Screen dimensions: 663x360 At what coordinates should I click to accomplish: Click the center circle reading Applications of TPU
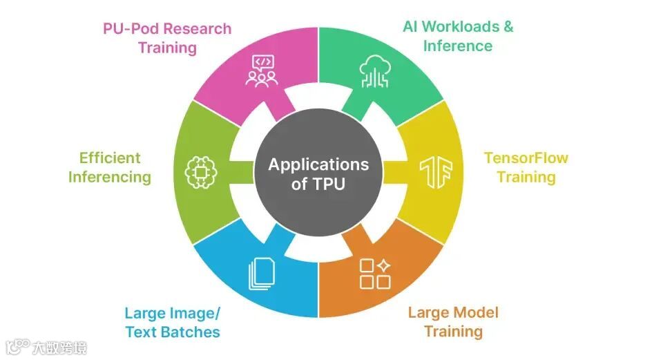point(318,173)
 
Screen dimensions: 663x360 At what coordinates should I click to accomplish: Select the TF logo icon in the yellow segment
point(434,173)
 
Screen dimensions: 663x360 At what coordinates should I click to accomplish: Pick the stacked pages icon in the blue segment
point(262,274)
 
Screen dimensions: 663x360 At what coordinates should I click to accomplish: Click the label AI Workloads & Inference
point(458,37)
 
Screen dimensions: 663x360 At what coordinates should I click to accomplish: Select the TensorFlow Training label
point(526,167)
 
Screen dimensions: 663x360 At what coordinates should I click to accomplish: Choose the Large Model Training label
point(453,322)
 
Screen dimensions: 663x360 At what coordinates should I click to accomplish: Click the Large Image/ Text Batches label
point(173,323)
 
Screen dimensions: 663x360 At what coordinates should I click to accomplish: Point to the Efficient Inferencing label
point(109,167)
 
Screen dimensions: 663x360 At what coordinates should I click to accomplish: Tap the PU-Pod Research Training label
point(167,38)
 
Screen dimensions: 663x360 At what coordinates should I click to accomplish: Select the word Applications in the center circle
point(318,164)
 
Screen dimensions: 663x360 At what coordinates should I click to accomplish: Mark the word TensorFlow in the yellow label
point(526,158)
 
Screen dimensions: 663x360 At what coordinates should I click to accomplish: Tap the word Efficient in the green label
point(109,158)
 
